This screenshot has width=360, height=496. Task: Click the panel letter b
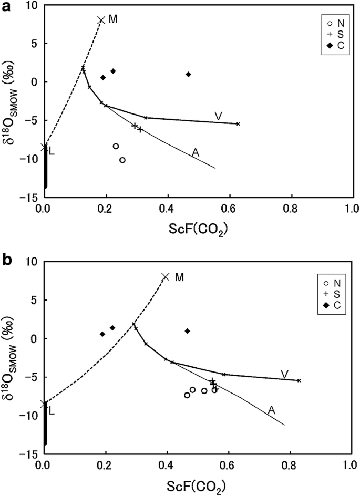click(x=7, y=260)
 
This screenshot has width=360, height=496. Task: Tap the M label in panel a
click(x=113, y=19)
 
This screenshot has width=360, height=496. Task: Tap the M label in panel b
click(x=179, y=276)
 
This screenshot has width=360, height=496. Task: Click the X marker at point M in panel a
click(x=101, y=20)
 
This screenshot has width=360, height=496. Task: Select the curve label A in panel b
click(x=271, y=410)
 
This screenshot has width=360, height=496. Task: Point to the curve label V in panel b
click(x=284, y=374)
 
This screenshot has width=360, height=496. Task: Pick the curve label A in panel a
click(x=196, y=152)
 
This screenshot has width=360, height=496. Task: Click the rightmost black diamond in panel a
click(x=188, y=74)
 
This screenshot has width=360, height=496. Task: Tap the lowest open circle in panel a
click(x=122, y=160)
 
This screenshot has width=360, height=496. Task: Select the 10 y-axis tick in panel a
click(x=33, y=5)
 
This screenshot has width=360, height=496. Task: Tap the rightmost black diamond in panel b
click(x=188, y=331)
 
